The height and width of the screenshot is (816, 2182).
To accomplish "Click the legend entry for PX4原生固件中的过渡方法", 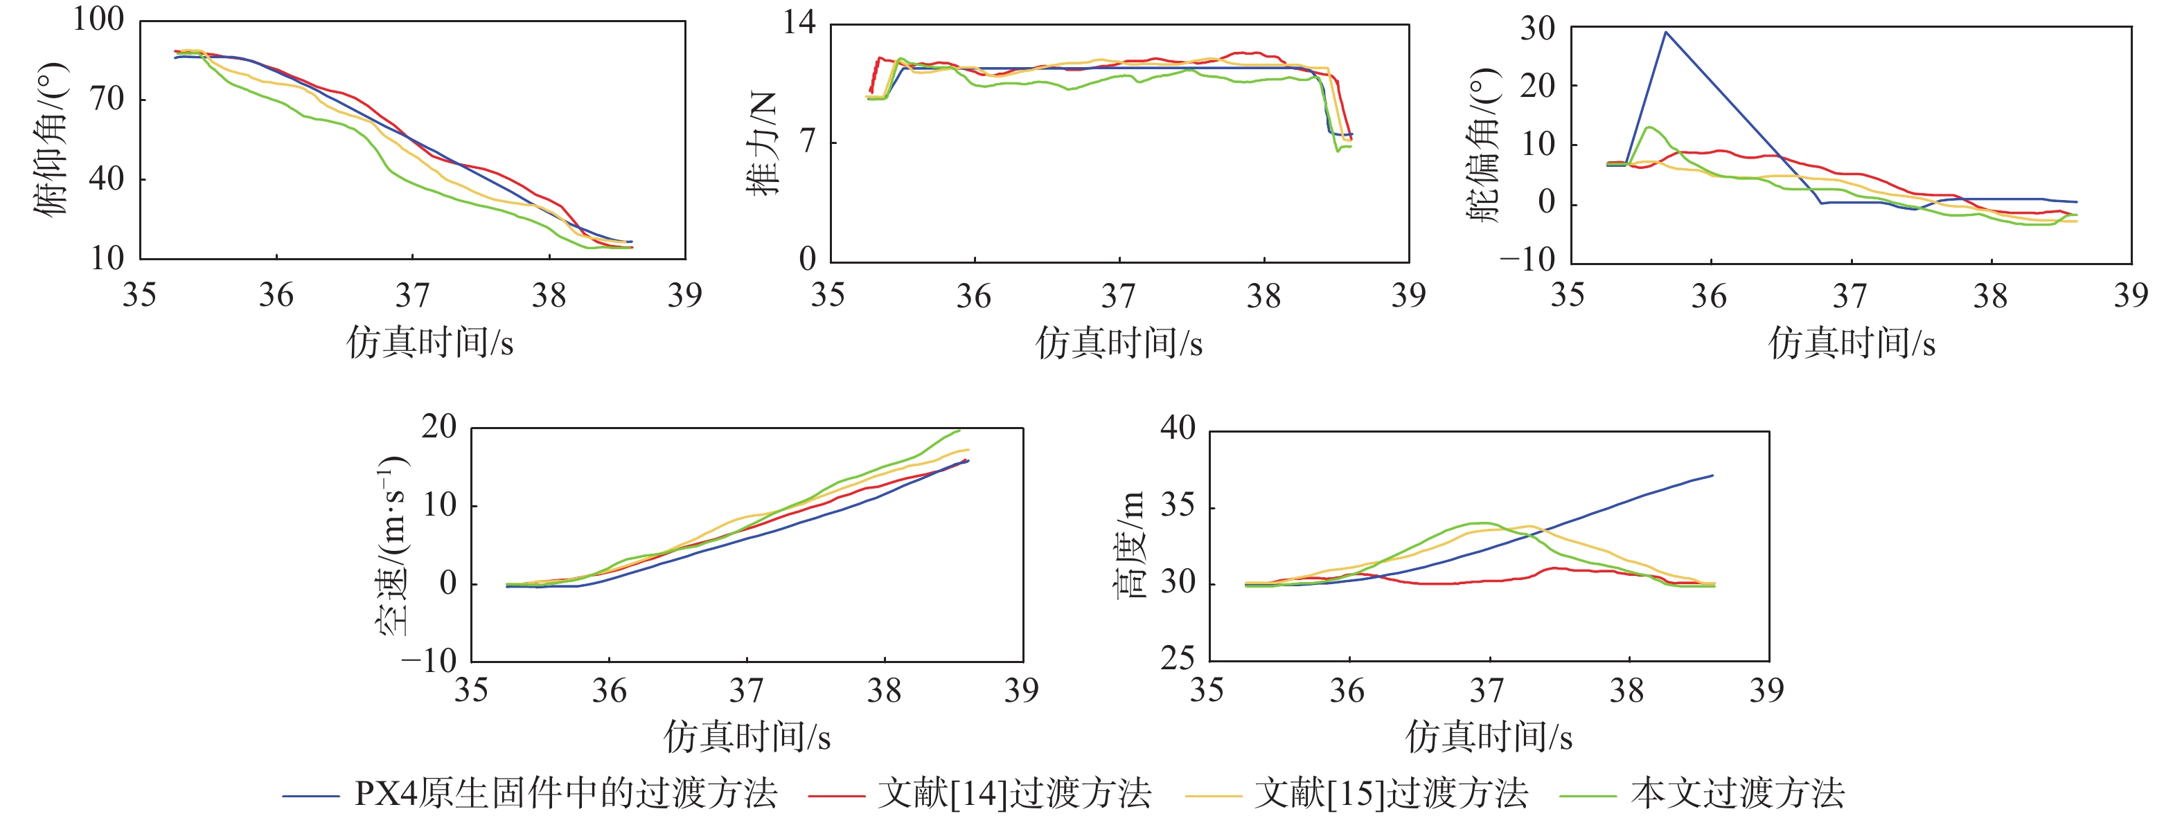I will click(x=530, y=794).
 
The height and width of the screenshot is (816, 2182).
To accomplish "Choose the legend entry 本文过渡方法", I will click(x=1703, y=794).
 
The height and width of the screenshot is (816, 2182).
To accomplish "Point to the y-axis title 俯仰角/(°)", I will click(x=51, y=140).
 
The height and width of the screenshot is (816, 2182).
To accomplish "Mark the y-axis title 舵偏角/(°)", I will click(x=1483, y=145).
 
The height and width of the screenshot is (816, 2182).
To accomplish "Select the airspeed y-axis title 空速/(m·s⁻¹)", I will click(x=391, y=546).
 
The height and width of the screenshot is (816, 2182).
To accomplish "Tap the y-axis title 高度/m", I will click(x=1130, y=546).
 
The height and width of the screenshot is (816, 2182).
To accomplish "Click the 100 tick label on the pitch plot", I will click(x=98, y=19).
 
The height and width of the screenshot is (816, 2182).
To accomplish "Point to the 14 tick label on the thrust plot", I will click(x=799, y=22).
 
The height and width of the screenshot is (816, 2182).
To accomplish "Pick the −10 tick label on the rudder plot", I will click(x=1527, y=259).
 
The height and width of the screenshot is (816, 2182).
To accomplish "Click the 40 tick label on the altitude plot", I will click(x=1178, y=428).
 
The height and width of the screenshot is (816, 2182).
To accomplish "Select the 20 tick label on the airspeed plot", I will click(x=438, y=426).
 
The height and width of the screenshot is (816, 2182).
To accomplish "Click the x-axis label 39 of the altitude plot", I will click(x=1766, y=691).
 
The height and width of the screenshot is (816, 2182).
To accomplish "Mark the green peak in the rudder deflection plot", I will click(x=1649, y=128).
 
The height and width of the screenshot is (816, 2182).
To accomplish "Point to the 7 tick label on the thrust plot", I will click(x=807, y=140).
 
